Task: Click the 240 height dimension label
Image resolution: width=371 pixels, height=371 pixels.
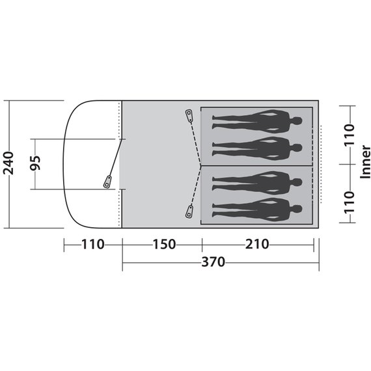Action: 8,163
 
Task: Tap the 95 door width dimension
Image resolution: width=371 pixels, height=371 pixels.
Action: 36,163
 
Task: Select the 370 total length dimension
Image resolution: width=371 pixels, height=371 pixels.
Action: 213,262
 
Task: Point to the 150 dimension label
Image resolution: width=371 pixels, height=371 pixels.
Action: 165,244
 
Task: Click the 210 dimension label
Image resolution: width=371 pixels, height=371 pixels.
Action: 257,244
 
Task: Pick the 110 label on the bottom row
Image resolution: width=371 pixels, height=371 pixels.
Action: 92,244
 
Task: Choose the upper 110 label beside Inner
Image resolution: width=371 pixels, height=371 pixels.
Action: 350,135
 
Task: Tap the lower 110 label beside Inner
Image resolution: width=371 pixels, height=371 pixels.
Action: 350,202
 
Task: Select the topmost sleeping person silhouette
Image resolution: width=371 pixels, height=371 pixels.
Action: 258,121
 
